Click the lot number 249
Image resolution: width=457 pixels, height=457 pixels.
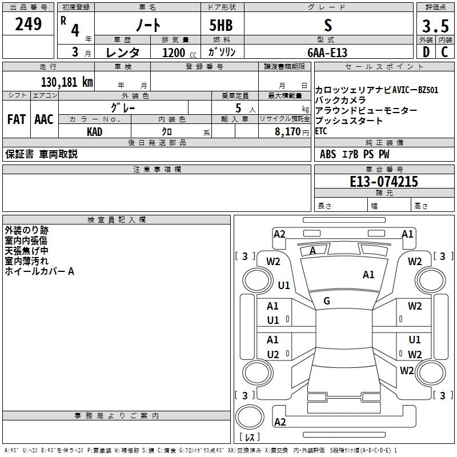tap(29, 25)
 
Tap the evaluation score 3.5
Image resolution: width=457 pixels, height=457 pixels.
tap(434, 26)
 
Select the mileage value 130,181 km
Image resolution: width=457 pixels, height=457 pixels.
tap(67, 82)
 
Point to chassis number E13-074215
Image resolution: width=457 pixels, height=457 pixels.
tap(384, 182)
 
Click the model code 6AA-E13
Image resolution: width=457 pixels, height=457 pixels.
tap(327, 53)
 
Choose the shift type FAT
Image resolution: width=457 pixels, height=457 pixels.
tap(17, 119)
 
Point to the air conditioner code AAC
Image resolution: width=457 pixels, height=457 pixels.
tap(43, 119)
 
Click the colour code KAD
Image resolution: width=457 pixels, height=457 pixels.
tap(95, 131)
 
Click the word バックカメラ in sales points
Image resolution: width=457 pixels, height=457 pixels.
tap(340, 100)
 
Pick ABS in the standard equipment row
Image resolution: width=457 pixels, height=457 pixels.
tap(328, 154)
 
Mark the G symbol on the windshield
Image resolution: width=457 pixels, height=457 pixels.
tap(327, 301)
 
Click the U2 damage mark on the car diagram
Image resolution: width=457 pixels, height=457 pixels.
tap(273, 355)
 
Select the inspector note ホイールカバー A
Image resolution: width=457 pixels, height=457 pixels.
tap(39, 271)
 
